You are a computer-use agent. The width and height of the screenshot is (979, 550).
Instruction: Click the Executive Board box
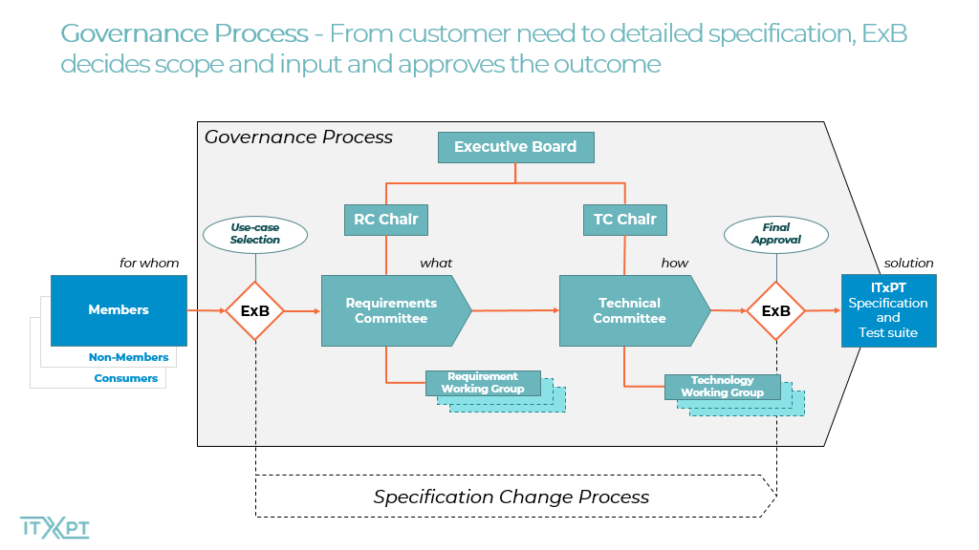coord(515,147)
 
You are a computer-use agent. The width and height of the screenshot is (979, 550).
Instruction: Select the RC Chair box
coord(386,220)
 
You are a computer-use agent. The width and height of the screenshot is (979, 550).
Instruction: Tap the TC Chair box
coord(625,220)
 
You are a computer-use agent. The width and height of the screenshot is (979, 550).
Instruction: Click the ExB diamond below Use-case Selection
coord(254,310)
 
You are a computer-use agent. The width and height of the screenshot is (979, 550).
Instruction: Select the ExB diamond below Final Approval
coord(776,310)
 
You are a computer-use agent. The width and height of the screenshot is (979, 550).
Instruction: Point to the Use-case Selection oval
coord(254,235)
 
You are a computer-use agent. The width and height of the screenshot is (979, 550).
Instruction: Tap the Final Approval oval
coord(776,235)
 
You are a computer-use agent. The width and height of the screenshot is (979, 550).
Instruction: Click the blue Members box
coord(119,310)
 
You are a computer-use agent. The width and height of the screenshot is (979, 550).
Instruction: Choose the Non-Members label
coord(129,357)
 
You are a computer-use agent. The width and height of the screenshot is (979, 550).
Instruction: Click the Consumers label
coord(126,378)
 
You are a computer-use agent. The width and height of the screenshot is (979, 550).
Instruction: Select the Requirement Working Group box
coord(483,383)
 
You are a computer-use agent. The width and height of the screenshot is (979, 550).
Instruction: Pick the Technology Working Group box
coord(723,387)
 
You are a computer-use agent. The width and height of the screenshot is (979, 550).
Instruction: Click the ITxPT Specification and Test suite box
coord(888,310)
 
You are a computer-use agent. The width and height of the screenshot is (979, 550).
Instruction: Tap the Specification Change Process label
coord(511,497)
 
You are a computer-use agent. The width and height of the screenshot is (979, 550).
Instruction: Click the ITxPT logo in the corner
coord(54,528)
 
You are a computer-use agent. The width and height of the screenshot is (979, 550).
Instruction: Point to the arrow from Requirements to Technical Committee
coord(515,310)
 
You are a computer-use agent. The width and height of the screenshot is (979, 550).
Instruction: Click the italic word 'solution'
coord(908,264)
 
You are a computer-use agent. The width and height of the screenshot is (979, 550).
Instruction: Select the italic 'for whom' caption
coord(149,264)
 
